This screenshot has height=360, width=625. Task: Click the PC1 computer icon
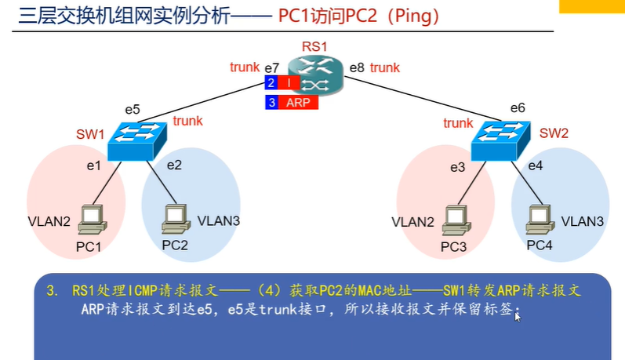[x=93, y=219]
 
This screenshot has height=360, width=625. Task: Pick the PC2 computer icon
[x=174, y=219]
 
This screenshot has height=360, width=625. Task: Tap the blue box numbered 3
[x=271, y=102]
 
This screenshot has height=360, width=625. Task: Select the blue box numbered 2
[x=271, y=82]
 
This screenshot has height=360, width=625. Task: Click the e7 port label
[x=271, y=68]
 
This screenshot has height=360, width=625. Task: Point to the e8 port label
[x=357, y=68]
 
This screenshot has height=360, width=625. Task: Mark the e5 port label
[x=132, y=110]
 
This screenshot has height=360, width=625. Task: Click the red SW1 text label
[x=90, y=134]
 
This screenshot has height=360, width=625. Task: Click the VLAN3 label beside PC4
[x=583, y=222]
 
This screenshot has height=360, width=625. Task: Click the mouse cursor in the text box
[x=518, y=317]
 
